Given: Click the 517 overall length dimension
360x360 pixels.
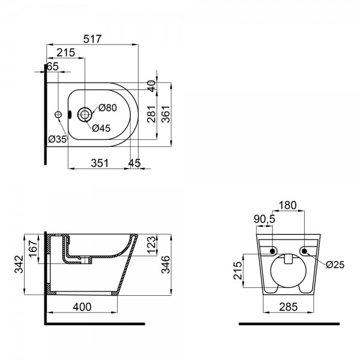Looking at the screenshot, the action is pos(92,39).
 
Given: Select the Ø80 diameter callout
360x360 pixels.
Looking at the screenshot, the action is pos(107,107).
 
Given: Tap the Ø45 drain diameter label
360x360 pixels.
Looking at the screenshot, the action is pos(101,128).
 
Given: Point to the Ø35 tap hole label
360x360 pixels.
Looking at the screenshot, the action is pos(58,139).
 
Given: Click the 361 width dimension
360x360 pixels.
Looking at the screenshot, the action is pos(166,114).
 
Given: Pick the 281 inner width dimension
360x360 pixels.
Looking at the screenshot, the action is pos(152,114).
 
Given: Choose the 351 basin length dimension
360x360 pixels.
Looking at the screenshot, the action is pos(100,163).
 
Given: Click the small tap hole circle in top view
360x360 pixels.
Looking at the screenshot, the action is pos(58,115).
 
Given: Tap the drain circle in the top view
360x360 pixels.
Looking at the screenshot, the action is pos(85,115).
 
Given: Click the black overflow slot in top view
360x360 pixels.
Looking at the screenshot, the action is pos(70,115).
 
